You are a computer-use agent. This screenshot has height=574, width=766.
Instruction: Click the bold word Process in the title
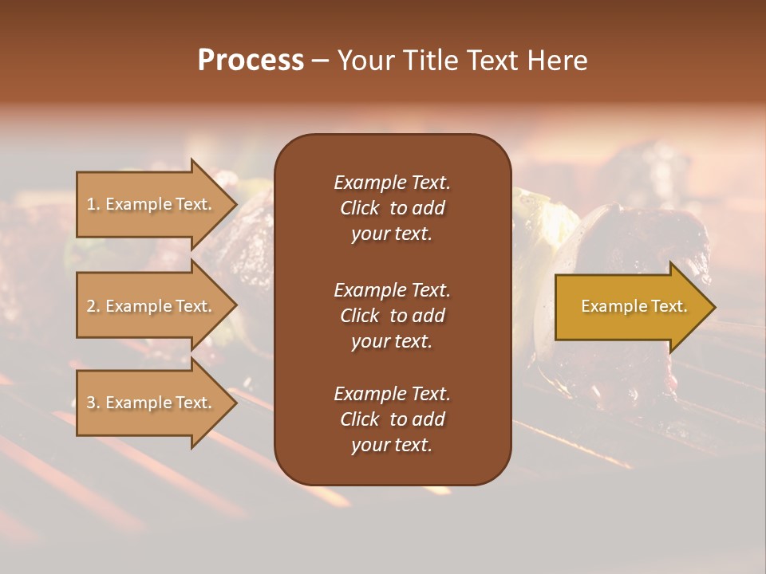point(251,61)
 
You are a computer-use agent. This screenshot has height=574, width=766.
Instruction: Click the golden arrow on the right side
point(630,307)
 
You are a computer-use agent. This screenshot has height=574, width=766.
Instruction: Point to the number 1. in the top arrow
point(93,204)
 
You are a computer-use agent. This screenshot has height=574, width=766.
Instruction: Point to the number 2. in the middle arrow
point(93,306)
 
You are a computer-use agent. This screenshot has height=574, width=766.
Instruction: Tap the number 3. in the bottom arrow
point(93,403)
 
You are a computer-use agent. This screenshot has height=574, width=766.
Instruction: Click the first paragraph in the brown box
point(392,208)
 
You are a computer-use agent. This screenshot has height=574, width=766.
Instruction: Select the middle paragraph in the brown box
point(392,315)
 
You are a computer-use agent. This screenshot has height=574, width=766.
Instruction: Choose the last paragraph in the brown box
point(392,419)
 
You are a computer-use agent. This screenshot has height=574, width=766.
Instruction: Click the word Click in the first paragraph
point(359,208)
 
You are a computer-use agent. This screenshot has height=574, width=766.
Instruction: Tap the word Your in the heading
point(364,61)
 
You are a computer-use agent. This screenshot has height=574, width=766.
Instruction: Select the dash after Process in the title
point(320,61)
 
